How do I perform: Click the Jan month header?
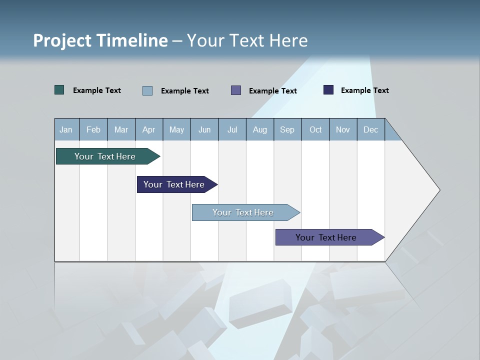[x=66, y=129]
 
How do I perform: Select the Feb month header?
[x=93, y=129]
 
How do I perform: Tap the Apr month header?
[x=148, y=129]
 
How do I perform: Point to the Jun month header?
[x=204, y=129]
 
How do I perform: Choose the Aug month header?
[x=259, y=129]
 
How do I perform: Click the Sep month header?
[x=287, y=129]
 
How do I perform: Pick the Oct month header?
[x=315, y=129]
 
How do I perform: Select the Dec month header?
[x=370, y=129]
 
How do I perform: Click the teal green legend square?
[x=59, y=90]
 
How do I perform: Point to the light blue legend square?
[x=147, y=90]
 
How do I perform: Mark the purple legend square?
[x=236, y=90]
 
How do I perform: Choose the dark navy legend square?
[x=328, y=90]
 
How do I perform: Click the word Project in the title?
[x=62, y=40]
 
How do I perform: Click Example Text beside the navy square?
[x=364, y=90]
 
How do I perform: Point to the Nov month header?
[x=342, y=129]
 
